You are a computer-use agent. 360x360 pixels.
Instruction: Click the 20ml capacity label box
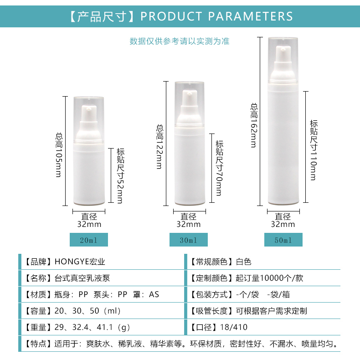click(x=88, y=240)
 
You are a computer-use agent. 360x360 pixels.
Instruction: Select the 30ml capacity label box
click(x=189, y=240)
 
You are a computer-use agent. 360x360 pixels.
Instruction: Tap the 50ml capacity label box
click(x=283, y=240)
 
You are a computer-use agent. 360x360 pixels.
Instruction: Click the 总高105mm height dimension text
click(x=59, y=155)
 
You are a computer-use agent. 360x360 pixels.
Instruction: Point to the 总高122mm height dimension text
click(x=159, y=147)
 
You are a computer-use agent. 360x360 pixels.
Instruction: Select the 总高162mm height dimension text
click(x=254, y=125)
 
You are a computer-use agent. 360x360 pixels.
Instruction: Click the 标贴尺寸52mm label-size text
click(x=121, y=176)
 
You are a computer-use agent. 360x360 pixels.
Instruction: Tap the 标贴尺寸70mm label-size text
click(x=219, y=168)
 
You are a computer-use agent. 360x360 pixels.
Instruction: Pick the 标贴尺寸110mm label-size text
click(x=314, y=150)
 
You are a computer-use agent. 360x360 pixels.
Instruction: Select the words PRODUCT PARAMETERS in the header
click(x=216, y=16)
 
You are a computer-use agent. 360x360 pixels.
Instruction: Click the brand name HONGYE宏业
click(x=80, y=262)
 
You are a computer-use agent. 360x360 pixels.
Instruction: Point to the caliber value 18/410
click(x=233, y=327)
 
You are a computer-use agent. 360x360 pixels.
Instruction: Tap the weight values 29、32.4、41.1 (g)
click(x=92, y=327)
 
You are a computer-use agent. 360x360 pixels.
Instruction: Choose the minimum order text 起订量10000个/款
click(x=269, y=278)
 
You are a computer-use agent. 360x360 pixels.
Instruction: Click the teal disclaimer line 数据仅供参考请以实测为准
click(x=180, y=41)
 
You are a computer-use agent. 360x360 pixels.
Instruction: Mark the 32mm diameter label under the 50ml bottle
click(x=283, y=224)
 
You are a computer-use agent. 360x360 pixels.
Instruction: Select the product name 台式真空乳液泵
click(x=82, y=278)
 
